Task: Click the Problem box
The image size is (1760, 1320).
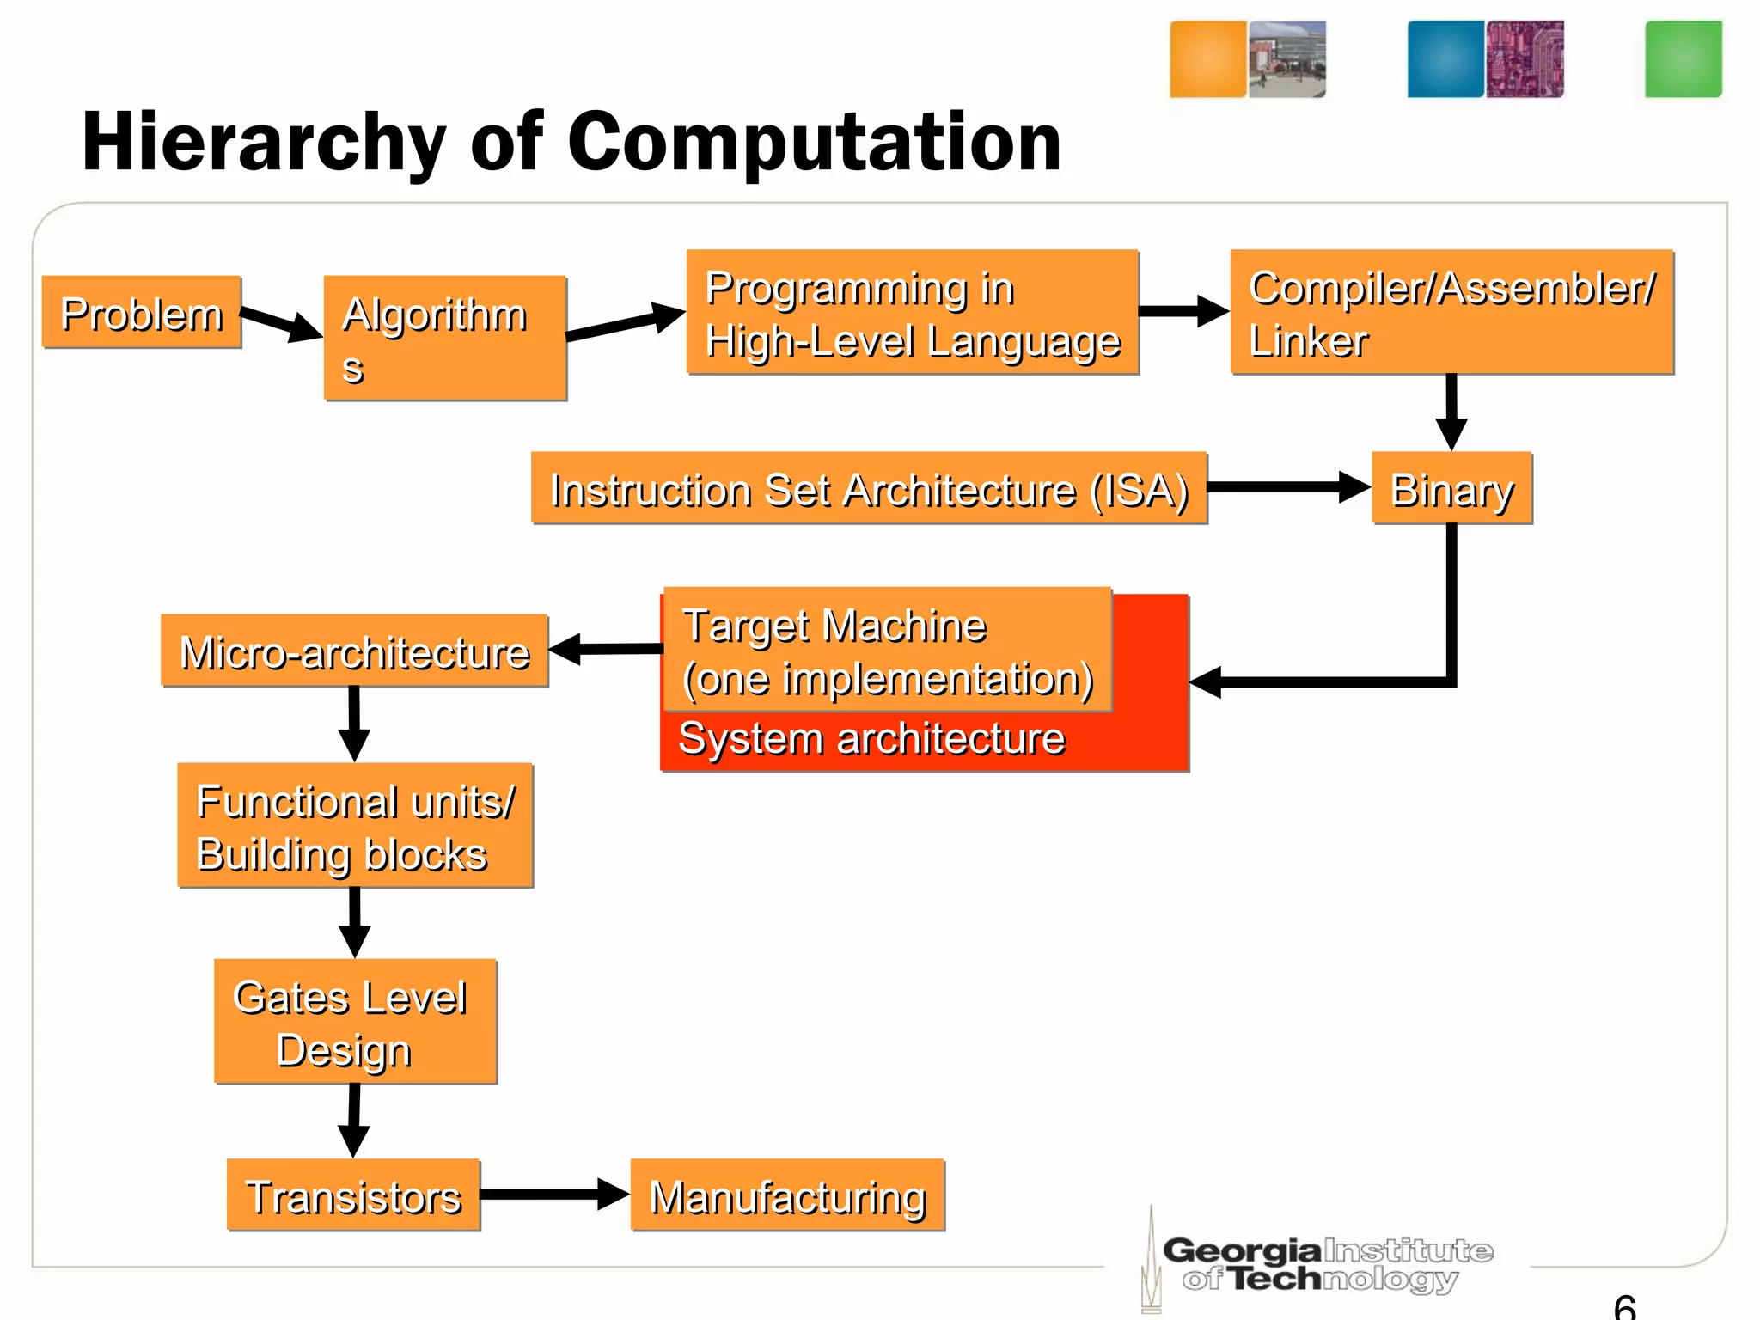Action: pos(142,312)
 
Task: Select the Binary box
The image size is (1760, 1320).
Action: pos(1451,488)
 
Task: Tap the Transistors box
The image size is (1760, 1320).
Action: pos(353,1195)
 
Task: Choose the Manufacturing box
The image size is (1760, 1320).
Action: pos(787,1195)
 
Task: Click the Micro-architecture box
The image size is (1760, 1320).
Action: pos(354,651)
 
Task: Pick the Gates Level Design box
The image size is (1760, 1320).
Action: pos(355,1022)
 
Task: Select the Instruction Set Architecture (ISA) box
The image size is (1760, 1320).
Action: pos(869,488)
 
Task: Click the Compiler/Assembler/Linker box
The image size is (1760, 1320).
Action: pos(1451,312)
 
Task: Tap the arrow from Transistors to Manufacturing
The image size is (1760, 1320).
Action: pos(554,1194)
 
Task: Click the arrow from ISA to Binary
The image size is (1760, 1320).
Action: pos(1288,487)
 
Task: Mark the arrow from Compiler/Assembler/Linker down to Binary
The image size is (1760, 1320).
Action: pos(1451,412)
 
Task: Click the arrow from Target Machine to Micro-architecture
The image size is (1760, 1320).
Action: pos(606,649)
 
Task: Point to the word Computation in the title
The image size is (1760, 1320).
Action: pos(814,143)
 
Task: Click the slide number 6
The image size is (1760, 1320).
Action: pos(1625,1306)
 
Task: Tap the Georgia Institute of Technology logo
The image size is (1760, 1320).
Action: pos(1323,1263)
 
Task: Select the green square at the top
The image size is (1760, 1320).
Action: pos(1683,59)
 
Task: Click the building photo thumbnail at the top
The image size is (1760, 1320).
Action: pos(1286,59)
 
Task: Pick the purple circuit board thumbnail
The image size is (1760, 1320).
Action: pos(1525,59)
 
